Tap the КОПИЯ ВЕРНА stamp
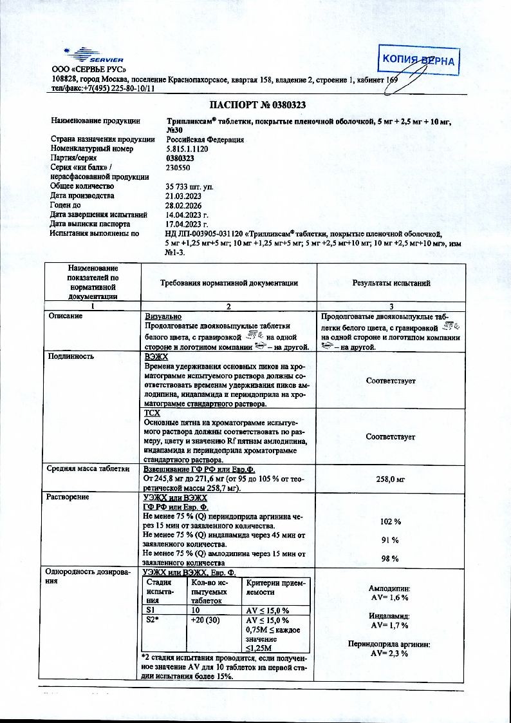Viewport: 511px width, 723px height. (x=418, y=61)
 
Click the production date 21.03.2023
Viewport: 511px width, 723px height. (x=184, y=195)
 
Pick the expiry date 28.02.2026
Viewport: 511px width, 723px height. (x=184, y=205)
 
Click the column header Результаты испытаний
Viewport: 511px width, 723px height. (x=391, y=282)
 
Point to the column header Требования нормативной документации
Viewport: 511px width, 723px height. (x=228, y=282)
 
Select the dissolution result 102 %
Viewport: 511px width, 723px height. (x=391, y=521)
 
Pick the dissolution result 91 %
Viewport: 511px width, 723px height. (x=391, y=540)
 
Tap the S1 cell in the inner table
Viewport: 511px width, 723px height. (x=152, y=610)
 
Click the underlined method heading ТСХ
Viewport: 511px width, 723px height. (x=152, y=412)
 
